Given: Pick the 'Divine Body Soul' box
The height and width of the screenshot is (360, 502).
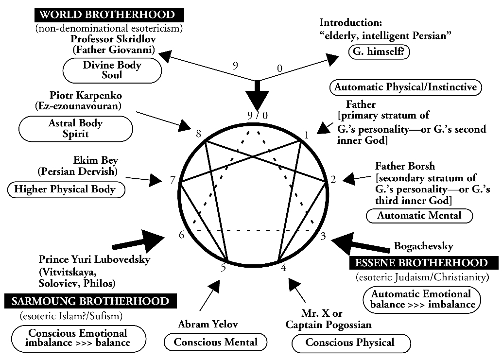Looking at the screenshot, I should pos(112,70).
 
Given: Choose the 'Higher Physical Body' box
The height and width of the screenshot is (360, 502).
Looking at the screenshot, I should pos(67,189).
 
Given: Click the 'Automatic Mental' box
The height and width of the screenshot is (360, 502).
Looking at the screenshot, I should pos(419,215).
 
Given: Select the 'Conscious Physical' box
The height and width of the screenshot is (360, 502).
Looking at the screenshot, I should pos(350,343).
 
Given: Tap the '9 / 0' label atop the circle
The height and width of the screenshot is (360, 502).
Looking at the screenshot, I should pos(257,116).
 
